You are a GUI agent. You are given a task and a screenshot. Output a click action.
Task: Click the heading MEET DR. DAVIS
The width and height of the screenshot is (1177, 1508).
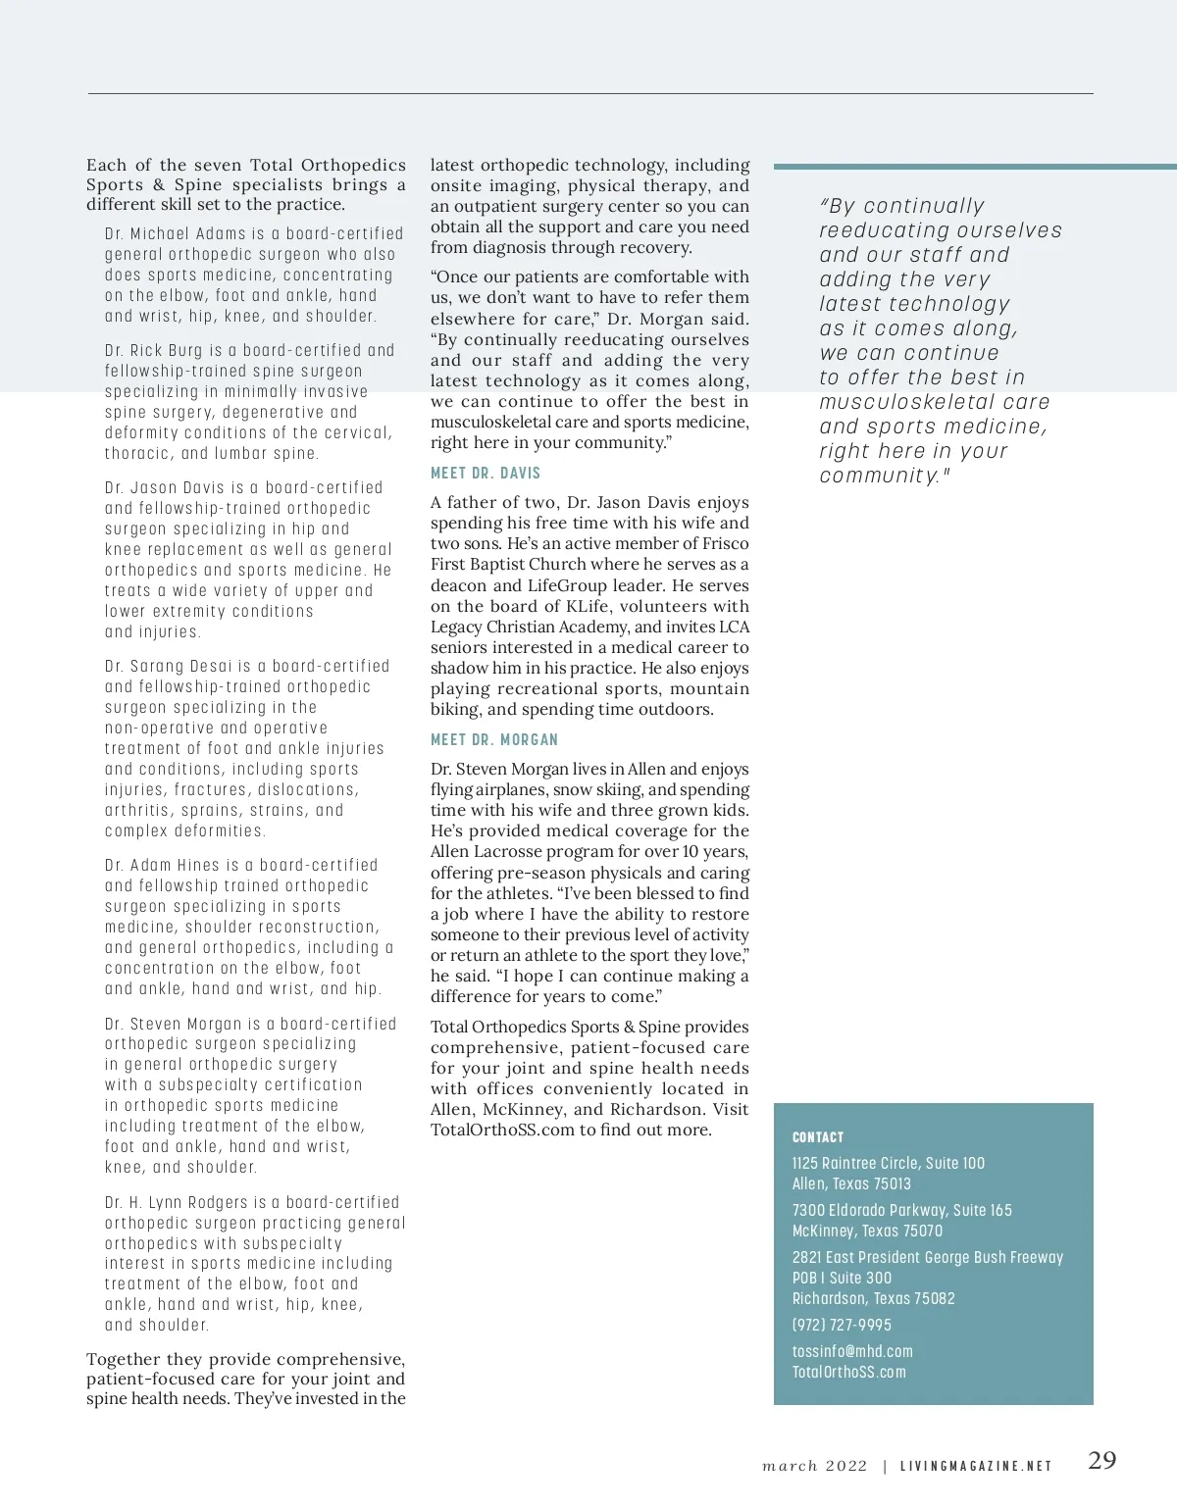486,473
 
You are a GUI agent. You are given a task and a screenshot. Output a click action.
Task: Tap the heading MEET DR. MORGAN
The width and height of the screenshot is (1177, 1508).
494,739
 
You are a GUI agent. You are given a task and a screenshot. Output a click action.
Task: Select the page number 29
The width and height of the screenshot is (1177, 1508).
1102,1460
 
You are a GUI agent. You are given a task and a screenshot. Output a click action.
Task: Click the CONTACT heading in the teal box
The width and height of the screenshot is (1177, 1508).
818,1137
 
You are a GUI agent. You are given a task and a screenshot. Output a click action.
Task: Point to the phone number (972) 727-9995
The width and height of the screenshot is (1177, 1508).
842,1325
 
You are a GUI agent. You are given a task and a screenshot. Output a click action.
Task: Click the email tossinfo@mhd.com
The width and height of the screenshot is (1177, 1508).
852,1351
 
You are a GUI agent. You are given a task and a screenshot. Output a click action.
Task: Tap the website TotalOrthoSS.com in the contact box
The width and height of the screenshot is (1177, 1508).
849,1372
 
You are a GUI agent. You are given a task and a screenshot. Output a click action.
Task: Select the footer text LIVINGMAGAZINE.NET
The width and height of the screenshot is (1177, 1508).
976,1466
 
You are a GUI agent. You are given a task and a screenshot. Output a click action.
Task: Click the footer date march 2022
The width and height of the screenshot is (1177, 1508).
814,1466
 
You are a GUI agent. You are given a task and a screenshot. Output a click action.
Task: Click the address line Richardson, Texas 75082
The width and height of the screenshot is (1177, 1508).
873,1298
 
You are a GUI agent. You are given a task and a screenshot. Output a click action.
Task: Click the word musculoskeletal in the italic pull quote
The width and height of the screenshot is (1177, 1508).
892,402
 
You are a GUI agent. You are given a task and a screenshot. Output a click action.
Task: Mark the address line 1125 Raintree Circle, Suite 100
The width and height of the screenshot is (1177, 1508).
889,1163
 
